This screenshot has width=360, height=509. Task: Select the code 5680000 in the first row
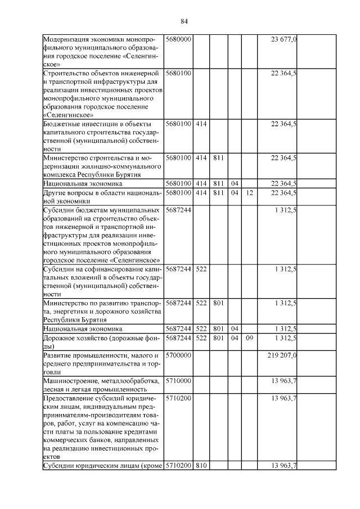point(179,39)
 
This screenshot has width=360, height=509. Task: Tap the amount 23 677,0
point(284,39)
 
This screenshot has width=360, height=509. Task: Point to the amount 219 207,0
point(283,355)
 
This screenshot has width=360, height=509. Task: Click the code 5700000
point(179,355)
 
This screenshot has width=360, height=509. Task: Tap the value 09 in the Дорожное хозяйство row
point(249,338)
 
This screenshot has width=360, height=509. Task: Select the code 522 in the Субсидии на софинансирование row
point(201,269)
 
